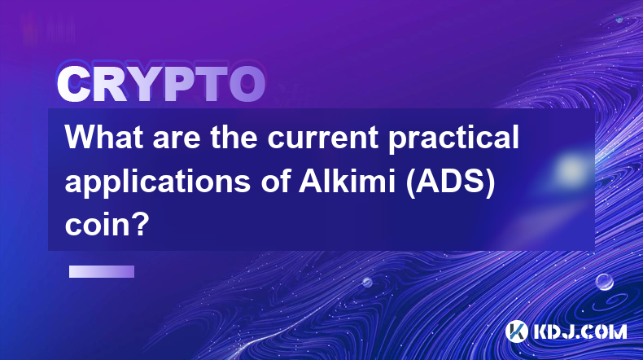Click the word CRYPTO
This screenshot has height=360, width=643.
coord(161,85)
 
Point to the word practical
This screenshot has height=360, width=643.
coord(454,138)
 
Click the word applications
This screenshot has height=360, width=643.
coord(158,182)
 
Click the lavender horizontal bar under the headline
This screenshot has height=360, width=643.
coord(102,271)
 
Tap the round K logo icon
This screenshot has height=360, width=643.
coord(517,331)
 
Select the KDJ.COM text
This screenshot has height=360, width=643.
coord(580,331)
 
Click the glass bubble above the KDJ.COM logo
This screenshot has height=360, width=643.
coord(605,282)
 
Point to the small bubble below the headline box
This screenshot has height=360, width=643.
coord(367,282)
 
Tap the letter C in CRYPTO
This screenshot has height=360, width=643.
coord(74,85)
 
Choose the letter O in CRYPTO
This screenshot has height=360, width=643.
coord(247,85)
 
